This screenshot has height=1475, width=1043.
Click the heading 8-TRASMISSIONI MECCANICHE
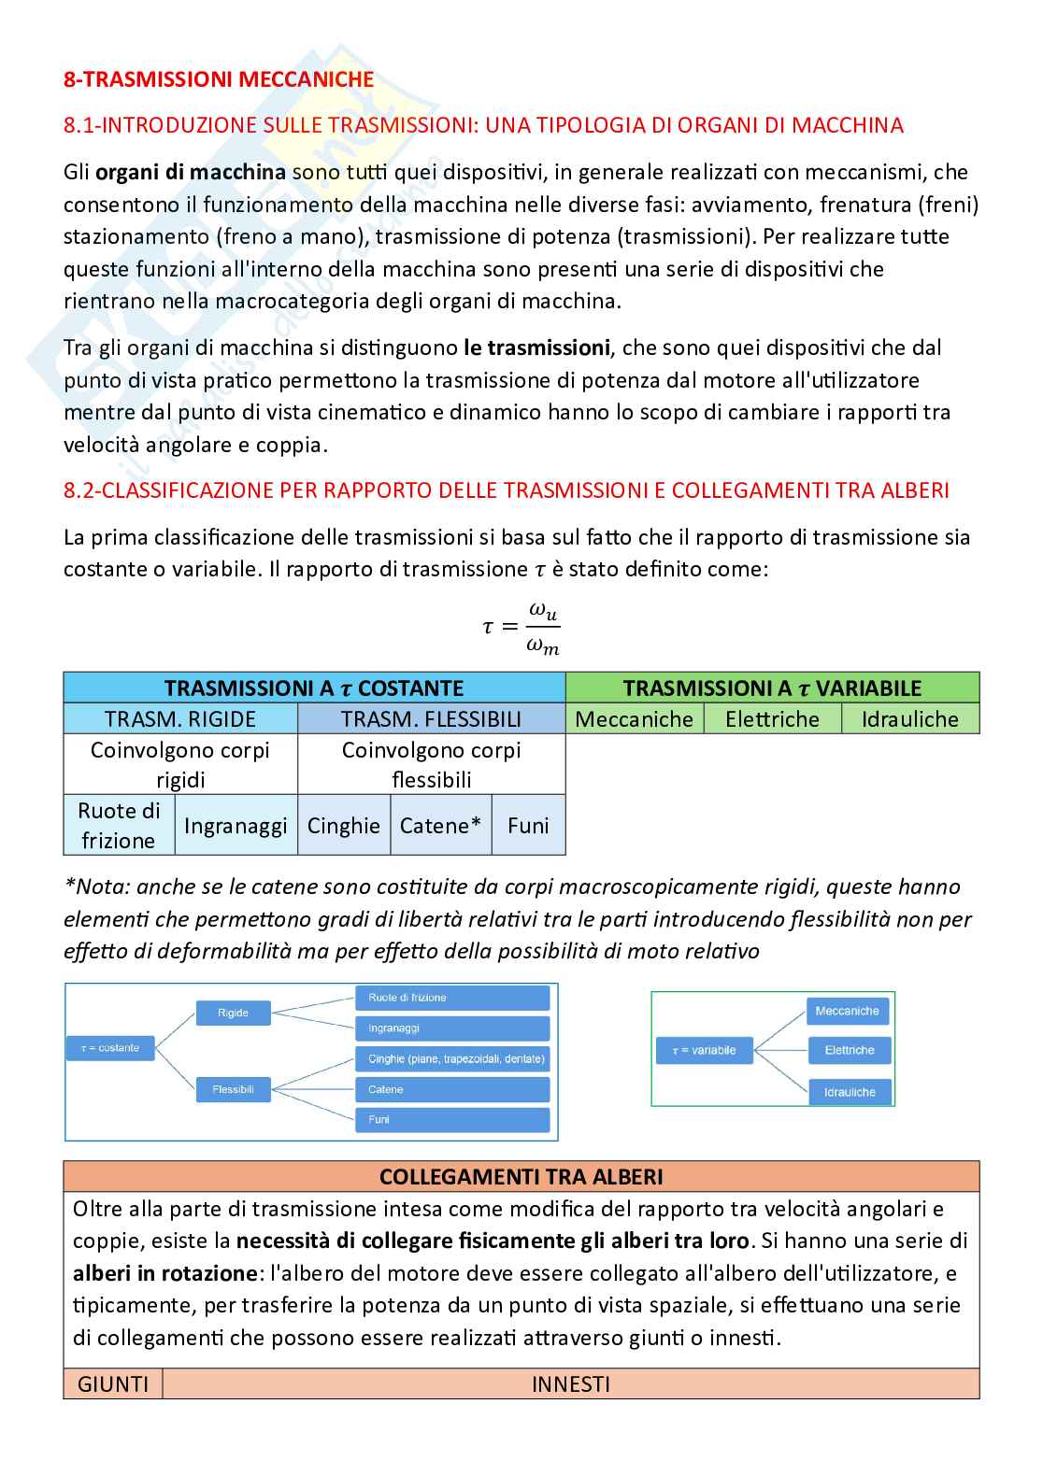tap(218, 79)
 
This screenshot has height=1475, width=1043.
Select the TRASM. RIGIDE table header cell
tap(180, 718)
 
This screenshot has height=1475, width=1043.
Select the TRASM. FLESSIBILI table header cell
tap(431, 718)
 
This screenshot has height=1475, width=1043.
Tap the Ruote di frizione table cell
tap(119, 825)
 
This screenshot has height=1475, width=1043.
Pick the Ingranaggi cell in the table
tap(236, 825)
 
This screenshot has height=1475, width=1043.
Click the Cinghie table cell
tap(343, 825)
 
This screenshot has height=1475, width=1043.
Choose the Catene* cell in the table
tap(440, 825)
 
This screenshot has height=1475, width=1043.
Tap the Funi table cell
tap(528, 825)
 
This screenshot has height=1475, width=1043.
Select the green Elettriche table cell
tap(772, 718)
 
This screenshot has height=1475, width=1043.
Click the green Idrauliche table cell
tap(909, 718)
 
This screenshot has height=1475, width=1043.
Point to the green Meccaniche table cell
tap(634, 718)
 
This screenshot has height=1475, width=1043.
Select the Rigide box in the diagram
tap(233, 1013)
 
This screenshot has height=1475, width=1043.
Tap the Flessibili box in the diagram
tap(233, 1089)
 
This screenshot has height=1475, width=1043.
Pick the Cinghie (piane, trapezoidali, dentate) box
tap(451, 1059)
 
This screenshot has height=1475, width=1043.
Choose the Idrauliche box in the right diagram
tap(849, 1091)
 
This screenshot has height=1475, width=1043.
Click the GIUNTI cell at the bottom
tap(113, 1383)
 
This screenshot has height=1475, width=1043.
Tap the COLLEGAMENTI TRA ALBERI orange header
tap(521, 1176)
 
